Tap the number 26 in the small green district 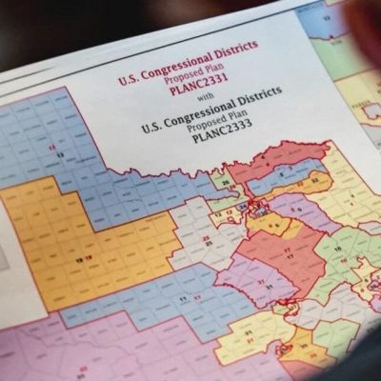click(x=225, y=183)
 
